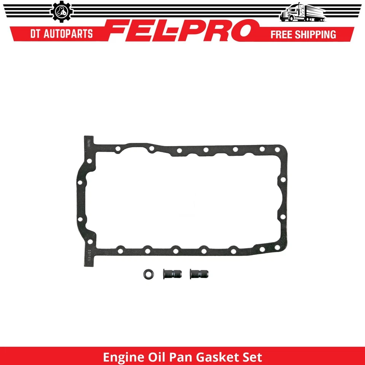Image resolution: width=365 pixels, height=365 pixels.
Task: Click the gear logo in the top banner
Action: coord(59,13)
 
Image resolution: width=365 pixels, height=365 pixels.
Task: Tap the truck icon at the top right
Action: coord(303,13)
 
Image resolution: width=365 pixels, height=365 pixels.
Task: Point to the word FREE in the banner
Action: coord(282,35)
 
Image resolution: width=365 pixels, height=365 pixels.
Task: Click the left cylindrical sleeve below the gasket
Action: coord(169,273)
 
